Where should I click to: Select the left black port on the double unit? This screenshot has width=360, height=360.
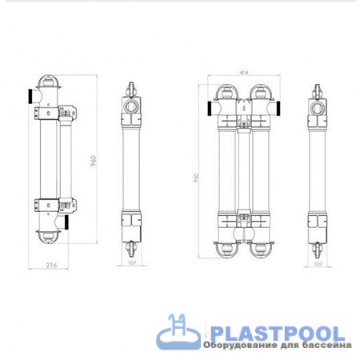click(x=206, y=106)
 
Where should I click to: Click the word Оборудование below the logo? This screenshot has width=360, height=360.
click(x=242, y=346)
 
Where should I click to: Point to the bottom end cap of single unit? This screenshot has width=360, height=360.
click(x=49, y=237)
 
